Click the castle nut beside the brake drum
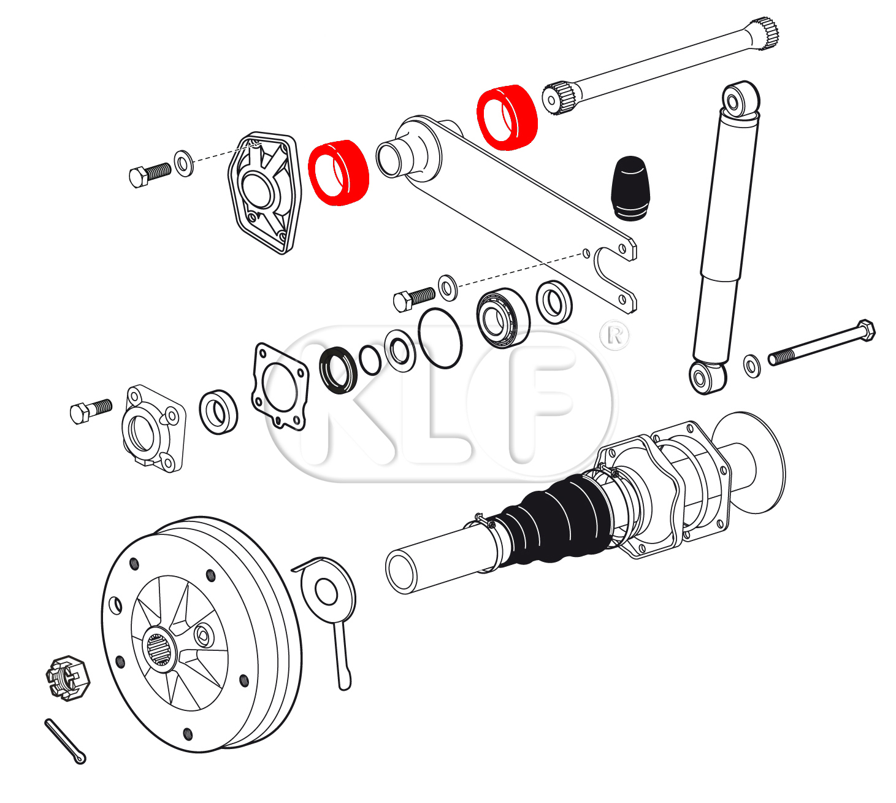(68, 678)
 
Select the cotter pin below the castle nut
(64, 740)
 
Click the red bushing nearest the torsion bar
(507, 117)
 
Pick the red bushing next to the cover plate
(339, 172)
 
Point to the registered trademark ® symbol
(615, 335)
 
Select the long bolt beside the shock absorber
(822, 344)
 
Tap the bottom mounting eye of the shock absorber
(707, 377)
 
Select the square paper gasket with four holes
(280, 386)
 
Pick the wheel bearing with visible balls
(503, 318)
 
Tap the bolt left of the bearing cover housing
(91, 410)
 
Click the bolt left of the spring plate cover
(149, 174)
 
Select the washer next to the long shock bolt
(752, 366)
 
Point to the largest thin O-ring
(440, 338)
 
